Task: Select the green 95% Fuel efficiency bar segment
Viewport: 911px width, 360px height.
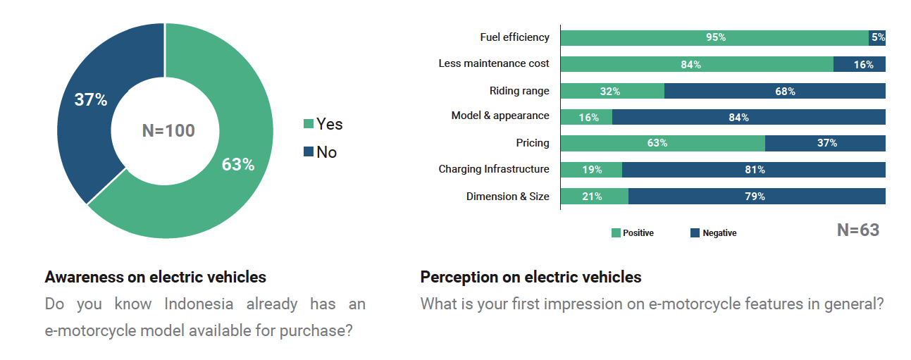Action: click(714, 37)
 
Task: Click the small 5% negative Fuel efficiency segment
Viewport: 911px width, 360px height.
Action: click(877, 37)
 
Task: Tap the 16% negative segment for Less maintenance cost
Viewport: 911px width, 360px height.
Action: click(859, 64)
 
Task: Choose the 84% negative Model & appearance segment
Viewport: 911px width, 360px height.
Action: click(748, 117)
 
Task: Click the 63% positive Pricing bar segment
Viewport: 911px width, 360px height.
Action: click(662, 143)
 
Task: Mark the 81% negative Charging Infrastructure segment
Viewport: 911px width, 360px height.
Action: click(753, 170)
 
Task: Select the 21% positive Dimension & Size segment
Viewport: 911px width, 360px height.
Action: click(594, 197)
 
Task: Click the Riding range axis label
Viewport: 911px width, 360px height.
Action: click(519, 91)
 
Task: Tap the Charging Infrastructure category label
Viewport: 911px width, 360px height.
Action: click(493, 169)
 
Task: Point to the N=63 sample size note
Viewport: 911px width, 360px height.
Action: click(857, 230)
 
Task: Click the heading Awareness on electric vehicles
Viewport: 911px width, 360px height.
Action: click(155, 277)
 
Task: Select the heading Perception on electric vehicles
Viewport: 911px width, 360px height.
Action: click(531, 277)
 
